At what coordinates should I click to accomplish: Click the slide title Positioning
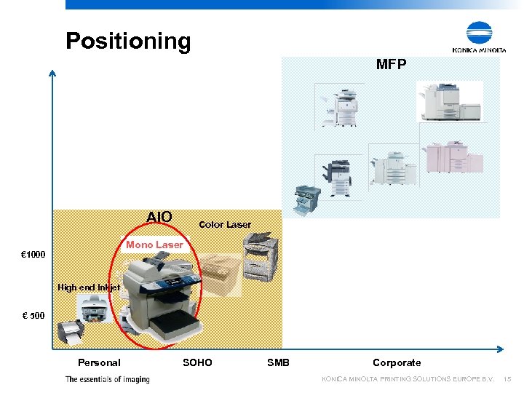point(128,41)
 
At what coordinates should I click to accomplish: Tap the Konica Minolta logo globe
point(480,33)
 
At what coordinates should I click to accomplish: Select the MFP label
point(391,65)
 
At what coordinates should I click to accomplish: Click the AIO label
point(159,217)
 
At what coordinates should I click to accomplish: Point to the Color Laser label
point(225,224)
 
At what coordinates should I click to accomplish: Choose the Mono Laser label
point(154,245)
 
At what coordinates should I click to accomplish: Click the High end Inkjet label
point(89,287)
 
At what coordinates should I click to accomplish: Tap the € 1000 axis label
point(33,255)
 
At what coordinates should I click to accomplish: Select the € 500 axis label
point(33,317)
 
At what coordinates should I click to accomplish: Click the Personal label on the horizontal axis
point(99,362)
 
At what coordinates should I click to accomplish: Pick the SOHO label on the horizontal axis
point(197,362)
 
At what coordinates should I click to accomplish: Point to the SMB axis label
point(278,362)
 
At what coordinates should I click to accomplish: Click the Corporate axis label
point(397,362)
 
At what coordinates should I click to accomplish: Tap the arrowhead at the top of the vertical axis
point(52,72)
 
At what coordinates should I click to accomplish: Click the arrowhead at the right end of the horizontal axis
point(503,348)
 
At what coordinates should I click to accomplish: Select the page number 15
point(508,379)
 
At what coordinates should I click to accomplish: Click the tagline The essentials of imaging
point(107,379)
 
